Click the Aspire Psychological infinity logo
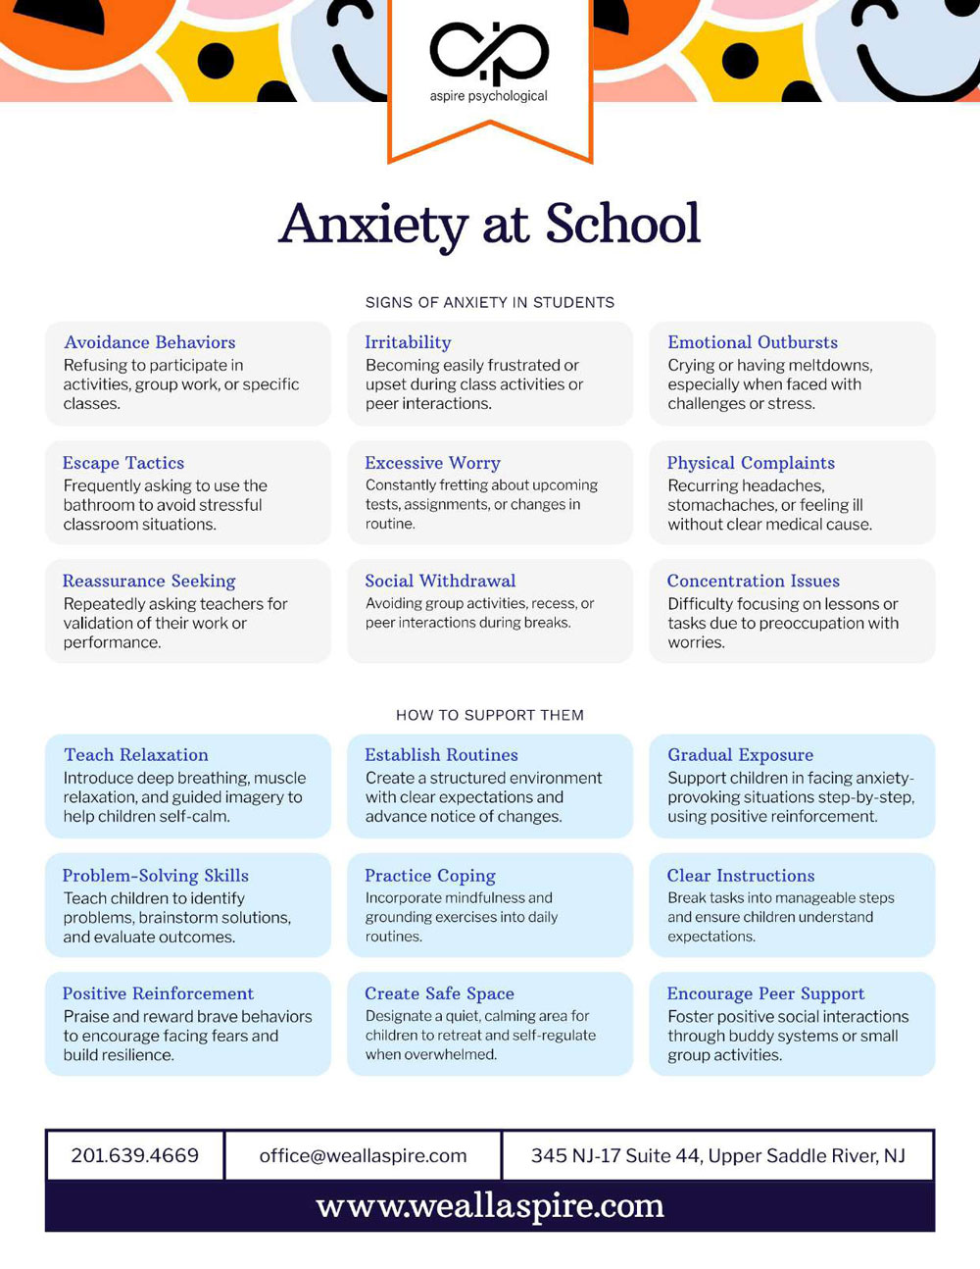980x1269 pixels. (x=489, y=53)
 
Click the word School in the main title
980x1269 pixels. (x=622, y=225)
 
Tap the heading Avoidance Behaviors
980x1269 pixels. (x=150, y=342)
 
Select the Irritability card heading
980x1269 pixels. (x=408, y=342)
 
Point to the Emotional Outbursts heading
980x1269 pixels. (x=753, y=342)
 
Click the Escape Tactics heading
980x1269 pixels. (x=123, y=463)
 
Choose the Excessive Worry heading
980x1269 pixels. (x=432, y=463)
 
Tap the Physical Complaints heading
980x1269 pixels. (x=751, y=463)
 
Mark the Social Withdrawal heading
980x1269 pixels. (x=440, y=581)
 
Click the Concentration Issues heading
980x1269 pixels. (x=753, y=581)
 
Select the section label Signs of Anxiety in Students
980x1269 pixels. (x=490, y=302)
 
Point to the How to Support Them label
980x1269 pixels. (x=490, y=715)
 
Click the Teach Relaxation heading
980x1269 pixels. (x=136, y=755)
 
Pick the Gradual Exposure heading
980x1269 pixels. (x=740, y=755)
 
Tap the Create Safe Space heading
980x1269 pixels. (x=439, y=993)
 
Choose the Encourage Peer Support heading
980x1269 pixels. (x=765, y=993)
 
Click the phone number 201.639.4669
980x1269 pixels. (x=135, y=1155)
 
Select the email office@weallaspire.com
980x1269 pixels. (x=363, y=1155)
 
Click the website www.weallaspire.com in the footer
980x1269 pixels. (x=490, y=1206)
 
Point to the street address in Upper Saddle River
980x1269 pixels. (x=717, y=1155)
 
